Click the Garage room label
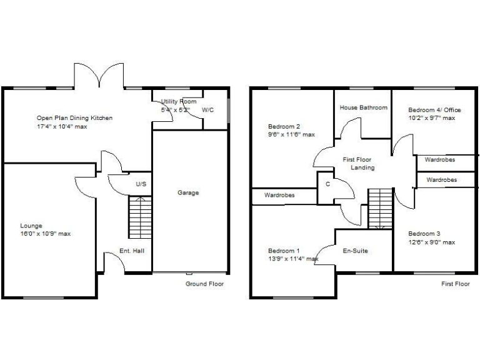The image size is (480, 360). click(187, 192)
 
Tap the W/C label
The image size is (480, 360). click(207, 111)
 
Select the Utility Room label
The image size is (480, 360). click(178, 101)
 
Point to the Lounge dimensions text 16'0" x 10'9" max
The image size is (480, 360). click(45, 234)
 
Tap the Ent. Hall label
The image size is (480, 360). click(132, 251)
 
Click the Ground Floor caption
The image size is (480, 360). click(204, 284)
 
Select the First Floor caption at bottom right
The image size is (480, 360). click(455, 284)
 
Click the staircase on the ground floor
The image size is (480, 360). click(140, 217)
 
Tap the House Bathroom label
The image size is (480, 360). click(363, 107)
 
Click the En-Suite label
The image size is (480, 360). click(355, 251)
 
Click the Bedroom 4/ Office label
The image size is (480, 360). click(434, 109)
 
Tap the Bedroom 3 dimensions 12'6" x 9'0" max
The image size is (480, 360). click(431, 242)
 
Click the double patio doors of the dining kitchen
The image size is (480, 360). click(99, 76)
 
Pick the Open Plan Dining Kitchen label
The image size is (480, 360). click(74, 117)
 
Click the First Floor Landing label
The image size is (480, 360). click(359, 164)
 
